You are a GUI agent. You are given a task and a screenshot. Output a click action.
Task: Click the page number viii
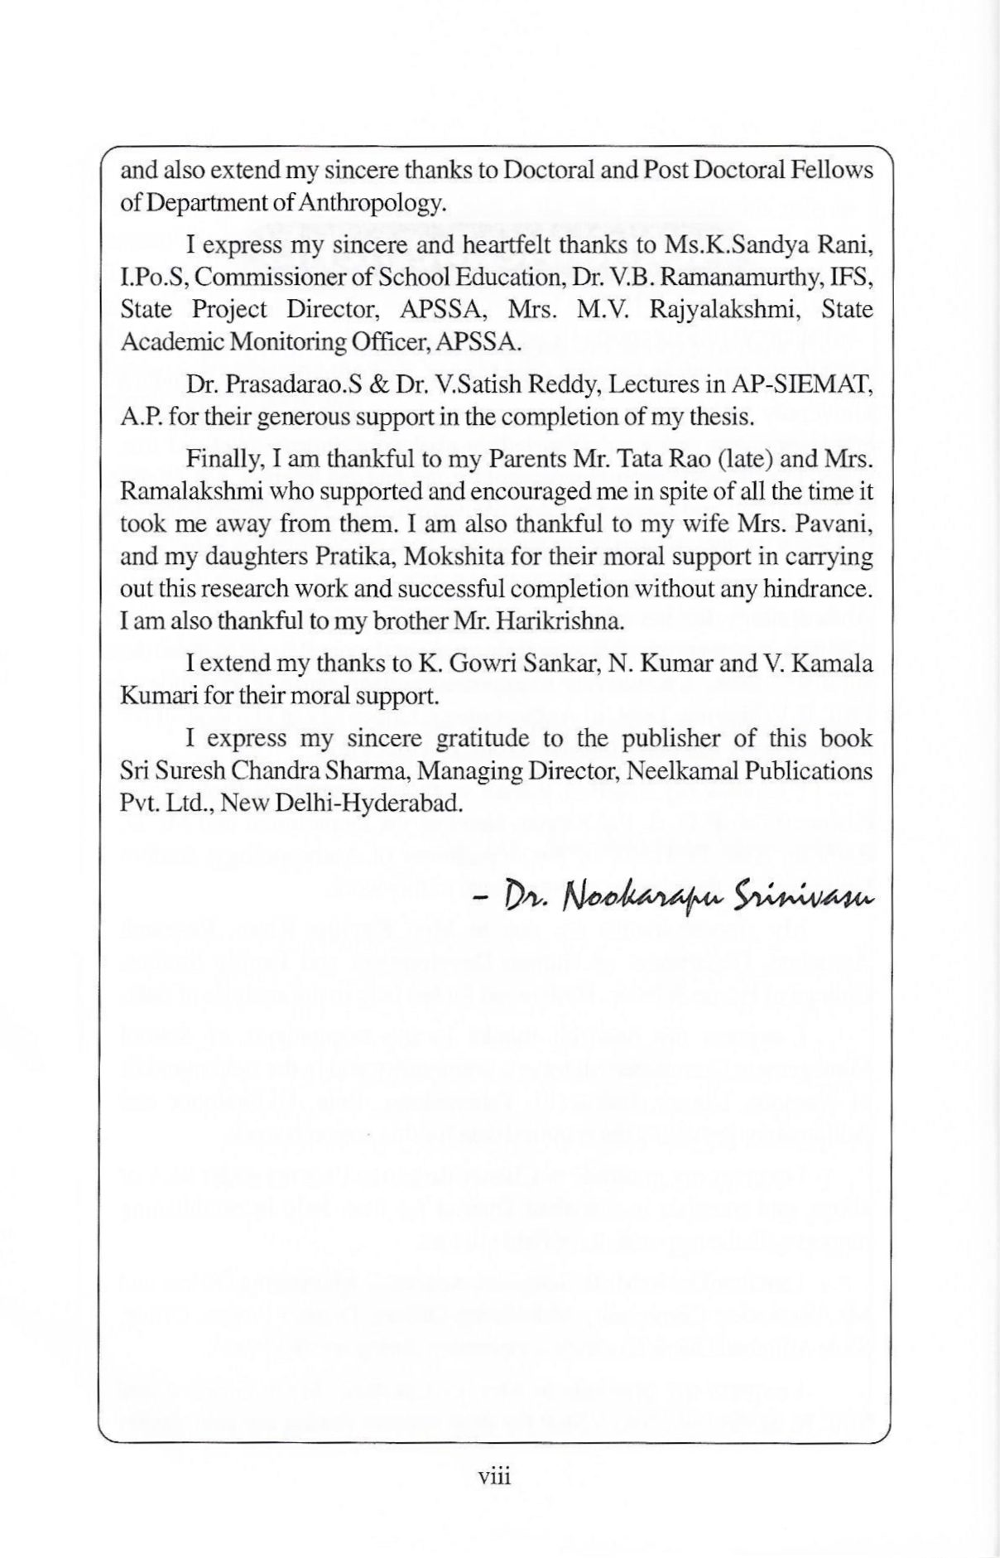tap(494, 1476)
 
